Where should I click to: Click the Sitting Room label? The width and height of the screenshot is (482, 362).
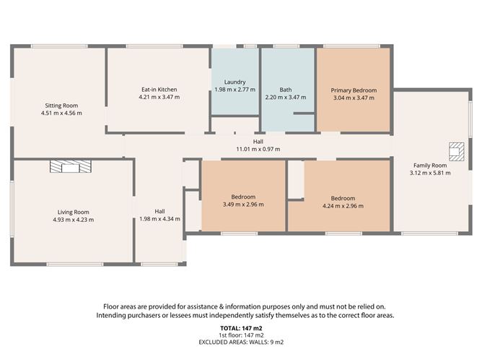pos(61,105)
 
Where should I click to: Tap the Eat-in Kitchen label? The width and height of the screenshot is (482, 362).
pos(159,90)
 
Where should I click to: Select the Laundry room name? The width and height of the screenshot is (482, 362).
pos(235,82)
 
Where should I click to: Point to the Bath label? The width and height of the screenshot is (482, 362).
pos(286,90)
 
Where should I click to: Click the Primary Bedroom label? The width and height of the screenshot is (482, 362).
pos(354,90)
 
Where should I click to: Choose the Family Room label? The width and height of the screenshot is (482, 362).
pos(430,165)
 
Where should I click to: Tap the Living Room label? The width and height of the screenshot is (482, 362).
pos(74,212)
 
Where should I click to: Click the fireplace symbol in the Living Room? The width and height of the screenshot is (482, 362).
pos(71,166)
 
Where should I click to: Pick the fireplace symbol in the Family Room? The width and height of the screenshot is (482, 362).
pos(457,152)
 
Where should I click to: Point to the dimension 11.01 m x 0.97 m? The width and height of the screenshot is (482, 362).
pos(258,150)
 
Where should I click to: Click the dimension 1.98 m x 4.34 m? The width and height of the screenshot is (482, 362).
pos(160,219)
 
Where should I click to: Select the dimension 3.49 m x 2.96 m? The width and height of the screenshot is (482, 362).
pos(243,204)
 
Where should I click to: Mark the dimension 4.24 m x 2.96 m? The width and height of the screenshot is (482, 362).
pos(343,206)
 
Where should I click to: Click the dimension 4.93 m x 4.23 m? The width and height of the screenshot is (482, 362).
pos(74,220)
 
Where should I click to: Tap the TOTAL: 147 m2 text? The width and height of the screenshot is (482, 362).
pos(241,329)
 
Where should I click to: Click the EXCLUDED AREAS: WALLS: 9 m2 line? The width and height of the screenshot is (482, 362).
pos(241,342)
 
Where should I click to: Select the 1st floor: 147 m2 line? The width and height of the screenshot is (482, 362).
pos(241,335)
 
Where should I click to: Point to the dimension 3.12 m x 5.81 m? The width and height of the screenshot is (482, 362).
pos(430,173)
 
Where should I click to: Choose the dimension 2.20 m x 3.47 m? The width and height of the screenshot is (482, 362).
pos(286,98)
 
